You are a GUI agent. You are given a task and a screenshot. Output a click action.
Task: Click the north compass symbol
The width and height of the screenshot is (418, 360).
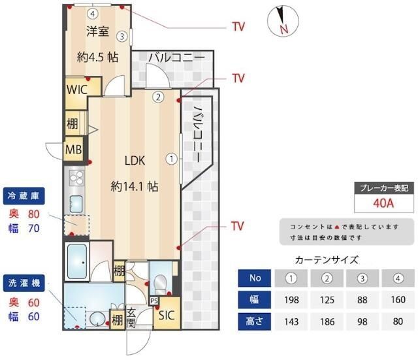pos(281,20)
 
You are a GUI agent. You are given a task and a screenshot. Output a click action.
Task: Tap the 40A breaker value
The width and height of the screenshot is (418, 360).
pos(383,203)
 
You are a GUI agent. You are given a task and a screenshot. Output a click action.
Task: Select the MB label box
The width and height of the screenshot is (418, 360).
pos(72,149)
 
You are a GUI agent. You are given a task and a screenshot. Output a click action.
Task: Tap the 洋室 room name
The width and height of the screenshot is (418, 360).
pos(98,31)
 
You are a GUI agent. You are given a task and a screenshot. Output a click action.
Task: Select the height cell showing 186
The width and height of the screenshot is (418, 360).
pos(329,322)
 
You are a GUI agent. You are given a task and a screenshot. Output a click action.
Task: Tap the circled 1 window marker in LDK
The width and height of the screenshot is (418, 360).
pos(171,158)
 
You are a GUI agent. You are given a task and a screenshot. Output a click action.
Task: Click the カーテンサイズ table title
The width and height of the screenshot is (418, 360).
pos(327,259)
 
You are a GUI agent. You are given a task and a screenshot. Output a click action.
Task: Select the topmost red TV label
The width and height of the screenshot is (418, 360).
pos(238,27)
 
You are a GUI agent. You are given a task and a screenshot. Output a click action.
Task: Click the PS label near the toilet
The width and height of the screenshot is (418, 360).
pos(154,301)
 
